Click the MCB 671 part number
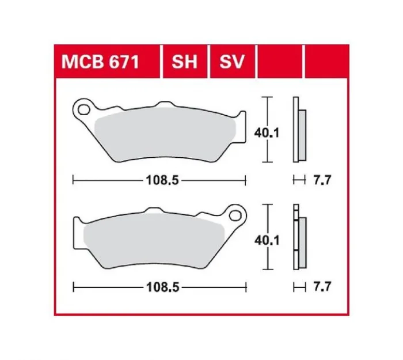point(100,62)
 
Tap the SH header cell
point(185,62)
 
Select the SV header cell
point(232,62)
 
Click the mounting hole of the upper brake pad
point(84,109)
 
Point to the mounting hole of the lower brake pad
point(235,215)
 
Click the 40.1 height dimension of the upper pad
point(267,133)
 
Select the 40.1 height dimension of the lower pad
point(267,240)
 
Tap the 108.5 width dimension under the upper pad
point(162,180)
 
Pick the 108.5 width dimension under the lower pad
point(162,287)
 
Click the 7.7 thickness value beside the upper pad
point(322,180)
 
